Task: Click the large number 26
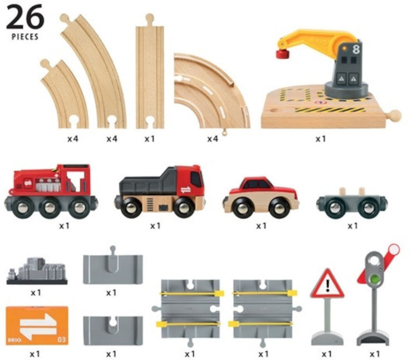[25, 18]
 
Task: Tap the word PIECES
[25, 37]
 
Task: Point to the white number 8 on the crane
[356, 50]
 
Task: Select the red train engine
[51, 191]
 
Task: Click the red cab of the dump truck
[189, 181]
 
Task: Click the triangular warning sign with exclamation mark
[327, 284]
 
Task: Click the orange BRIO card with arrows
[37, 326]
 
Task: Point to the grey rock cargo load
[37, 271]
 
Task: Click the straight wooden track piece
[150, 71]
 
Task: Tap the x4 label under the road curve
[213, 139]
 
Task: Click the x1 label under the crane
[321, 139]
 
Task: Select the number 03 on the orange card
[61, 340]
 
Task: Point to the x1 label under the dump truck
[155, 226]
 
